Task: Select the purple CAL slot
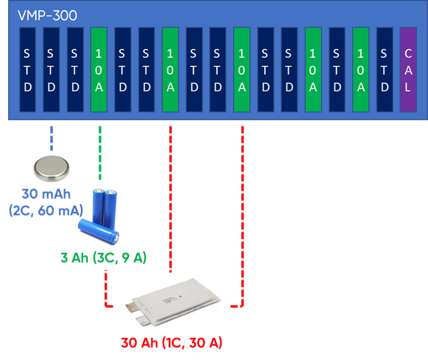(x=407, y=70)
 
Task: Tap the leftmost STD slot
(x=28, y=70)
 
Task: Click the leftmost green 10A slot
(x=99, y=70)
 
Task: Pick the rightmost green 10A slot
(x=360, y=70)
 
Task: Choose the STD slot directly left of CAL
(x=384, y=70)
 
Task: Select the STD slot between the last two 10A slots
(x=336, y=70)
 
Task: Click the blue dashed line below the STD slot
(x=51, y=137)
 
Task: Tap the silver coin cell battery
(x=51, y=167)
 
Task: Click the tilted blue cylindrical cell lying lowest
(x=99, y=231)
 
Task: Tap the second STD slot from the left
(x=51, y=70)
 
